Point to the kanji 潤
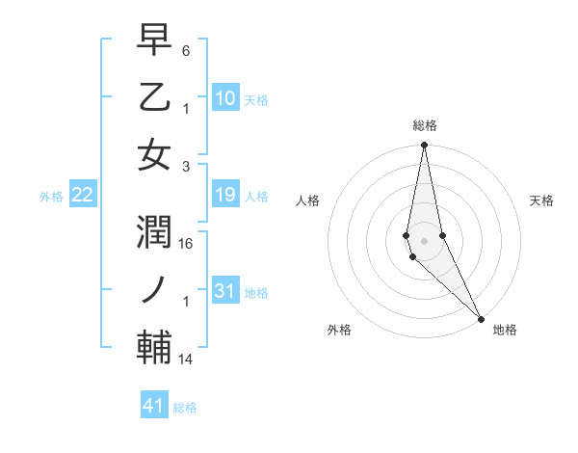point(155,232)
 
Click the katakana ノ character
point(155,289)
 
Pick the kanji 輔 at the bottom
point(155,348)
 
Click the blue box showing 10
point(224,98)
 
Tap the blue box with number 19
point(224,196)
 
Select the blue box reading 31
point(224,292)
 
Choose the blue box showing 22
point(82,196)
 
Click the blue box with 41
point(154,406)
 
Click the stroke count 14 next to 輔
point(187,360)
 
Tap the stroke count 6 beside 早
point(186,50)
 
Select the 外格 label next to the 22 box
point(51,197)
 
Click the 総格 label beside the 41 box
point(185,408)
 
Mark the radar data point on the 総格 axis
point(424,146)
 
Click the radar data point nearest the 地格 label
point(481,317)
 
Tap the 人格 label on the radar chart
point(307,200)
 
